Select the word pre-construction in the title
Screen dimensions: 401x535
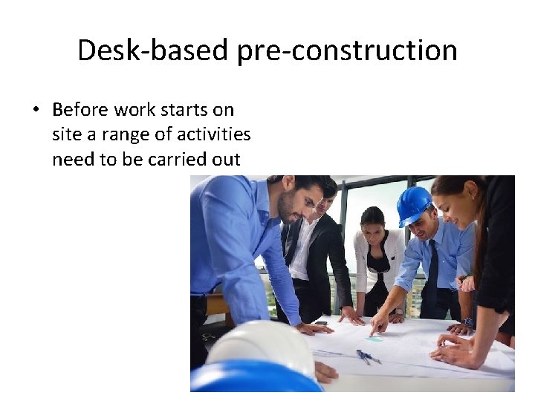point(348,50)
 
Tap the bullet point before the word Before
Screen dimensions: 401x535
point(35,111)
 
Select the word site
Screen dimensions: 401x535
point(65,134)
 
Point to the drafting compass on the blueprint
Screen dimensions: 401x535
point(367,356)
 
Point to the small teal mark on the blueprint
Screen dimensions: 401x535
point(375,339)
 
